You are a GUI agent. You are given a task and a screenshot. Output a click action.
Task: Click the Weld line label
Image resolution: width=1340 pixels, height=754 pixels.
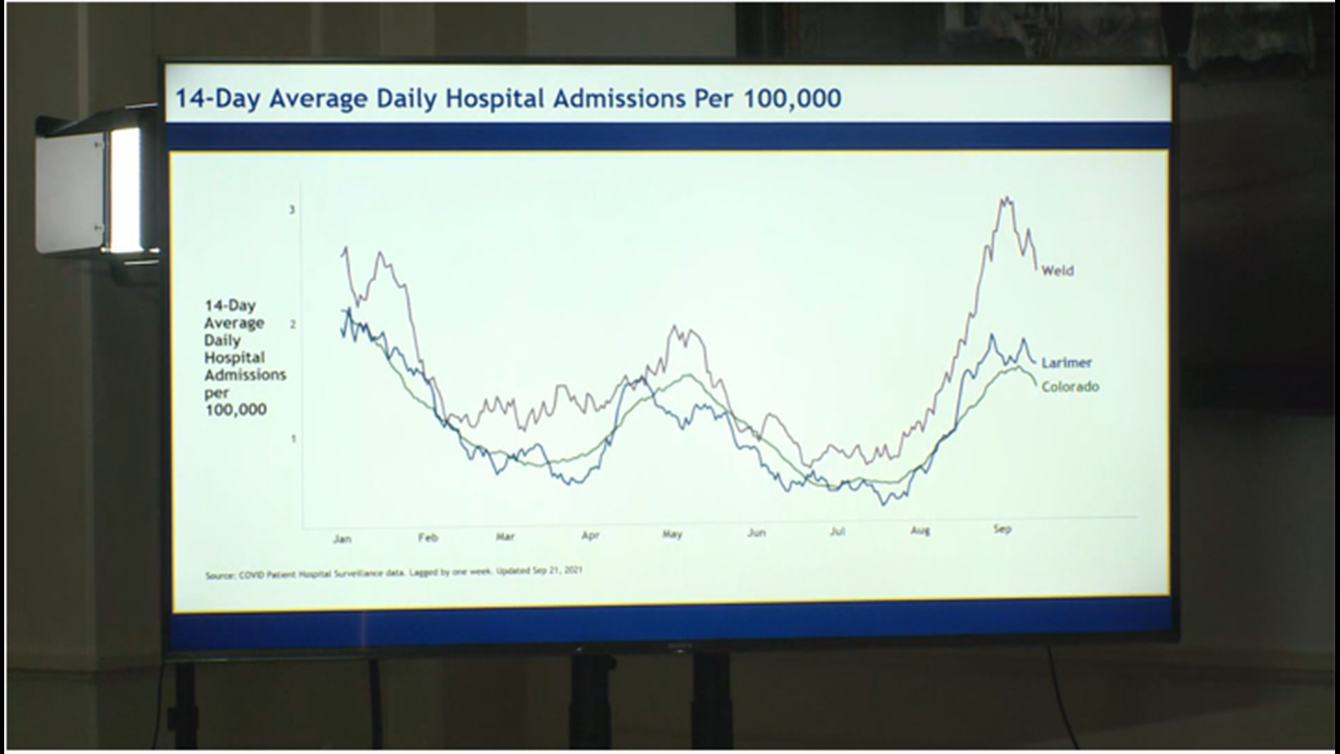point(1057,271)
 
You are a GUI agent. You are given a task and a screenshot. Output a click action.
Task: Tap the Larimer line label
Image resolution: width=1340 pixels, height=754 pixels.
point(1066,363)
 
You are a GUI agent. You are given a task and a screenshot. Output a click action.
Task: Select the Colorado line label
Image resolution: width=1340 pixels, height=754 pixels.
point(1070,387)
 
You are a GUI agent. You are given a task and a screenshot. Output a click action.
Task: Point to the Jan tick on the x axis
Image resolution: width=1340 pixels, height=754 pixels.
point(342,539)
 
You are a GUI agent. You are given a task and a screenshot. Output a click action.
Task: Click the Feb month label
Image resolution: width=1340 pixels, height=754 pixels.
point(428,538)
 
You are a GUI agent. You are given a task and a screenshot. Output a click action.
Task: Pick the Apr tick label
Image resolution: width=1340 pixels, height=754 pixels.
point(590,536)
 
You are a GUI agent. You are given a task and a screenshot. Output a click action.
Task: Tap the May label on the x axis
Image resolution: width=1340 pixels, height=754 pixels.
point(672,535)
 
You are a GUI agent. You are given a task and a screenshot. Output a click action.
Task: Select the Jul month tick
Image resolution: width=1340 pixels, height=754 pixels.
point(837,532)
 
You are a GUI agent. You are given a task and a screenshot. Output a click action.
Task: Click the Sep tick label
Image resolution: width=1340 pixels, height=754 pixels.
point(1002,529)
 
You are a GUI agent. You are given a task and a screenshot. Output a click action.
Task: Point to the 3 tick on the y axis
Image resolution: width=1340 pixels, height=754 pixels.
point(292,210)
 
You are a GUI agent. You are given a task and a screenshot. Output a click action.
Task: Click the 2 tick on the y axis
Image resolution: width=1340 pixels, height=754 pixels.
point(292,325)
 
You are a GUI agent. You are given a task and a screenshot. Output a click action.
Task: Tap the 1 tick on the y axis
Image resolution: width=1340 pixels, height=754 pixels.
point(292,439)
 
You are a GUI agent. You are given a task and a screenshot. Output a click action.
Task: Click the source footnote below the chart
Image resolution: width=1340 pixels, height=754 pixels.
point(394,573)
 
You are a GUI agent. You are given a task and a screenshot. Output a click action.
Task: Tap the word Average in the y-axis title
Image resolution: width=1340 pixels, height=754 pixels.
point(234,323)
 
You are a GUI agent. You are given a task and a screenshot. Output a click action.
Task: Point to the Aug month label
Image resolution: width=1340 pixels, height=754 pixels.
point(920,531)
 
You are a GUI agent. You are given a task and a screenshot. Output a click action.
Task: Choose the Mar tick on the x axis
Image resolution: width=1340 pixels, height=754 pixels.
point(505,537)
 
